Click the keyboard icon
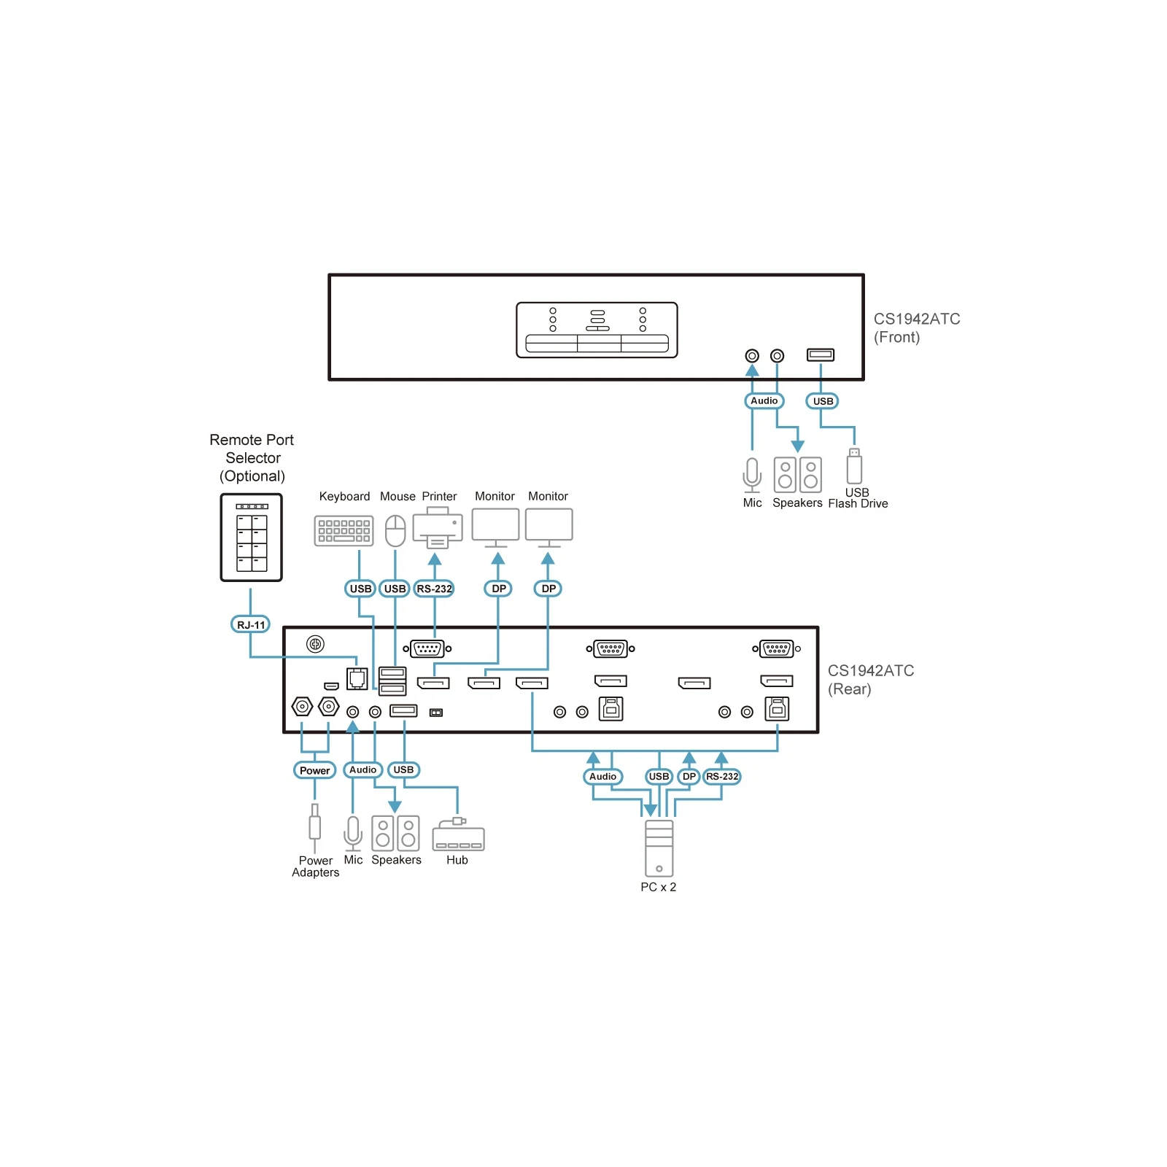(344, 531)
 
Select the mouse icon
(395, 530)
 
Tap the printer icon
(438, 527)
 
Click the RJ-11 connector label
(251, 625)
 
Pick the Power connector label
(315, 770)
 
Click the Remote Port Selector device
(252, 538)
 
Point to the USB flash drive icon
(854, 466)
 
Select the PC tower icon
(659, 848)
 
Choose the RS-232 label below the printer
(434, 589)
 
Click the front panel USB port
(821, 354)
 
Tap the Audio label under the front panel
(764, 400)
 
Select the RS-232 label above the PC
(722, 776)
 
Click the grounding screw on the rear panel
(315, 644)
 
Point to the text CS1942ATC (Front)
(917, 328)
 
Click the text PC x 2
(659, 887)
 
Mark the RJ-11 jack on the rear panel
(357, 679)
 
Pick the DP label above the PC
(689, 776)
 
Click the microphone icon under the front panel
(752, 475)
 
